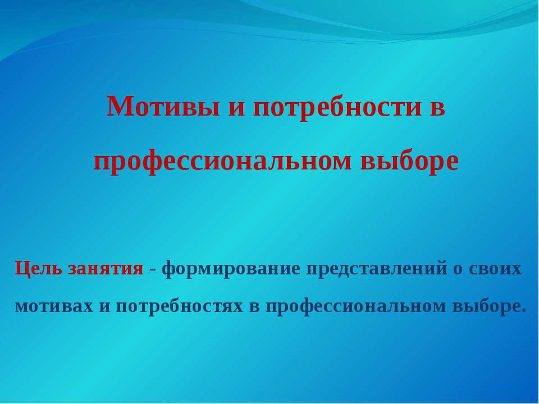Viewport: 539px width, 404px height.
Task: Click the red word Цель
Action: point(38,268)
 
